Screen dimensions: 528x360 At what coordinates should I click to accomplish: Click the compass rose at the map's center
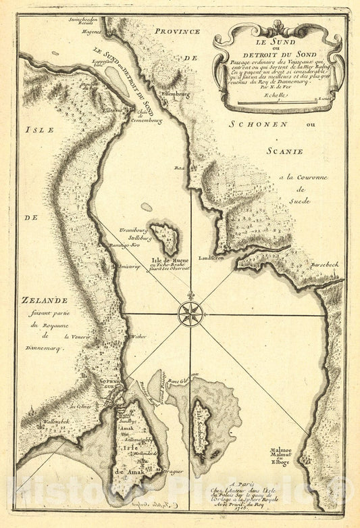click(191, 312)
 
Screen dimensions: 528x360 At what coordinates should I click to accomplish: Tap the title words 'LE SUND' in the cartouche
click(280, 45)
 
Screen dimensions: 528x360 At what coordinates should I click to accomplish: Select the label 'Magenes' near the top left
click(91, 32)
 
